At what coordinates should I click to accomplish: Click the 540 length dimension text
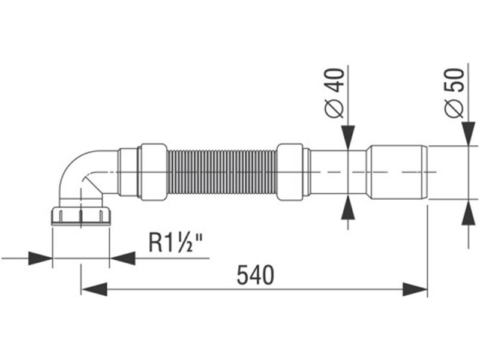255,275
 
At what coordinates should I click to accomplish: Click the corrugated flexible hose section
221,172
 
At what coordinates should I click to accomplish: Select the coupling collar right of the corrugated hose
289,172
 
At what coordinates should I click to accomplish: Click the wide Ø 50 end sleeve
397,172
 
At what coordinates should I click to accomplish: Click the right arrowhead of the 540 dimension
415,289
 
